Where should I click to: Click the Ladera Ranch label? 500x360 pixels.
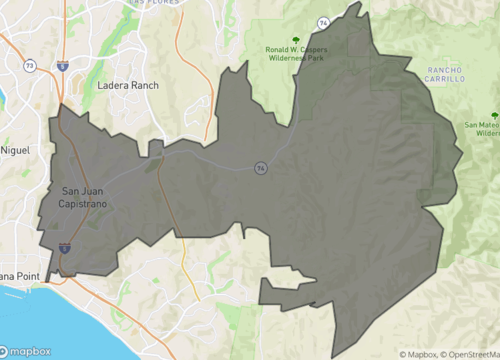pos(128,86)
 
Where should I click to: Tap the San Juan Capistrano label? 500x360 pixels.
pos(85,197)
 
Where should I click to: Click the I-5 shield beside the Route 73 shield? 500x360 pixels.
pos(62,67)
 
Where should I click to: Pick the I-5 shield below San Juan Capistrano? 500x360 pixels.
pos(64,245)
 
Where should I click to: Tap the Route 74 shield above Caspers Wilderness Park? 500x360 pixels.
pos(325,21)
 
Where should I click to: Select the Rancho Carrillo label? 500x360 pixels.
pos(445,75)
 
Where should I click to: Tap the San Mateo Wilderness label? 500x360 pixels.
pos(481,127)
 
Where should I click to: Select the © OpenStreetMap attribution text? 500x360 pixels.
pos(471,354)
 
